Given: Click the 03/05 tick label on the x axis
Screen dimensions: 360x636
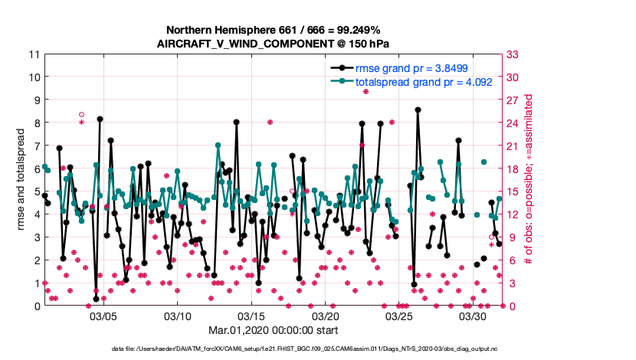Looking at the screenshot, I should point(103,316).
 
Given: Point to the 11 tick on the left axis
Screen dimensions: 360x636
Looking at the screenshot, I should point(34,54).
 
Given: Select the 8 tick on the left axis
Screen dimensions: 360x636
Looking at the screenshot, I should point(36,123).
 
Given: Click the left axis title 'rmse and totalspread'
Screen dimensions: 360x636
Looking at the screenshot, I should point(21,180).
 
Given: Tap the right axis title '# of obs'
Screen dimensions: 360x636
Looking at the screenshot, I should point(528,180).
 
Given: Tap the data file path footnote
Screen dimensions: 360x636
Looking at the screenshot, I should point(318,349).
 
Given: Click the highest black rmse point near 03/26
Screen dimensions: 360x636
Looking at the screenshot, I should point(418,110).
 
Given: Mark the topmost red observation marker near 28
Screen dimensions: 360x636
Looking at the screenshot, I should point(366,91).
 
